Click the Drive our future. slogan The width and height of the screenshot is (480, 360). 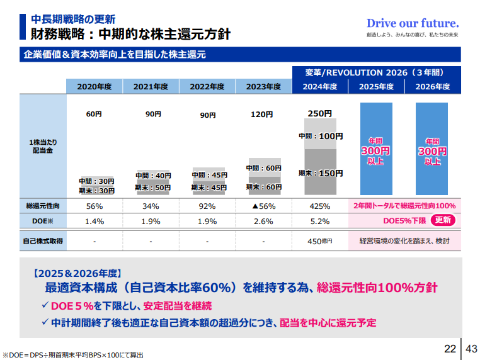pos(412,23)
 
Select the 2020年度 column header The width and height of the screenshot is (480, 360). pos(94,87)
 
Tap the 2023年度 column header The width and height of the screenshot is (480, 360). pos(263,87)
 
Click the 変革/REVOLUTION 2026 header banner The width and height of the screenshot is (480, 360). pos(376,72)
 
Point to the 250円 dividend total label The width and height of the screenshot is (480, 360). pos(319,113)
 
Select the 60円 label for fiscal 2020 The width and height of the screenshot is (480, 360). pos(94,115)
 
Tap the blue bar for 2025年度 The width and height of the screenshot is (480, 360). pos(376,149)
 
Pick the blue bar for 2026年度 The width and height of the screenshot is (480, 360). pos(432,149)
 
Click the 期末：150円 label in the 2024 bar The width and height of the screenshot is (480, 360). pos(321,173)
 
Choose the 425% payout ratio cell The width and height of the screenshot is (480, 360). pos(320,206)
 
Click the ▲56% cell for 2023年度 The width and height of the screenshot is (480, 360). pos(263,206)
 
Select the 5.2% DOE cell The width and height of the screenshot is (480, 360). pos(320,221)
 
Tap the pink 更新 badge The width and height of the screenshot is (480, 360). pos(443,220)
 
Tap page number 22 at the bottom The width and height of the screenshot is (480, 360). pos(450,348)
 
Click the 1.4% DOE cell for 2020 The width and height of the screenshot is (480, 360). pos(94,221)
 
